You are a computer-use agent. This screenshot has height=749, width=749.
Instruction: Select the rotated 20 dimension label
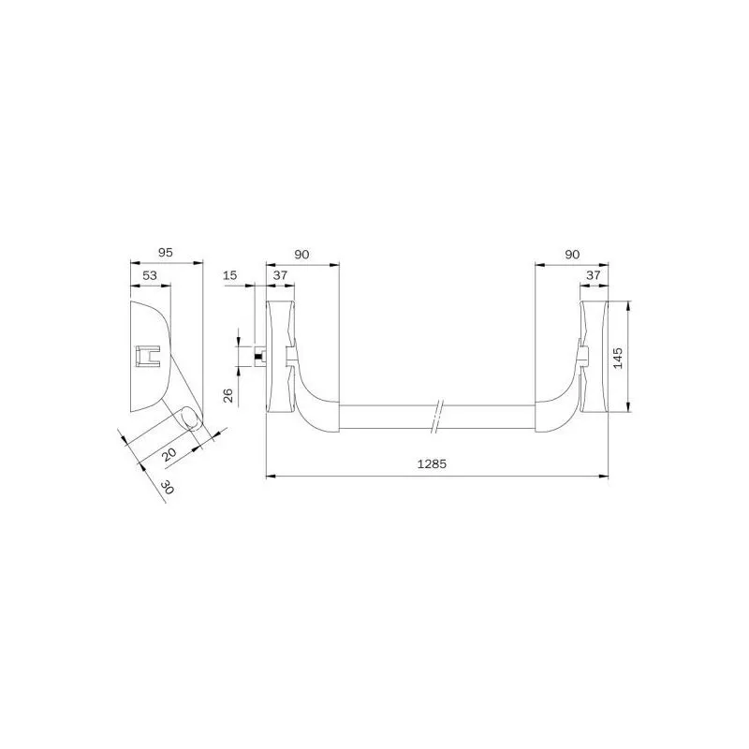click(x=169, y=454)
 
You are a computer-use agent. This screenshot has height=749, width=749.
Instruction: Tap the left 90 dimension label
click(x=302, y=254)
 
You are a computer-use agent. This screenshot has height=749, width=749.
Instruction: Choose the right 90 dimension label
click(x=572, y=254)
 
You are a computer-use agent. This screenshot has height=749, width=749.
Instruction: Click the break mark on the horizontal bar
click(x=437, y=416)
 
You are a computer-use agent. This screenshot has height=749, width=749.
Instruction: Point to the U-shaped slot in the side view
click(x=148, y=357)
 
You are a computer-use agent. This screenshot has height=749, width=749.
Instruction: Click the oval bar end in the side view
click(x=190, y=418)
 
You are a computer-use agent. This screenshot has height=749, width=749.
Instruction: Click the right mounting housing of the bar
click(x=595, y=357)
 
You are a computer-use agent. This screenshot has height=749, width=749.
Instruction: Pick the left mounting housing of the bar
click(x=280, y=357)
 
